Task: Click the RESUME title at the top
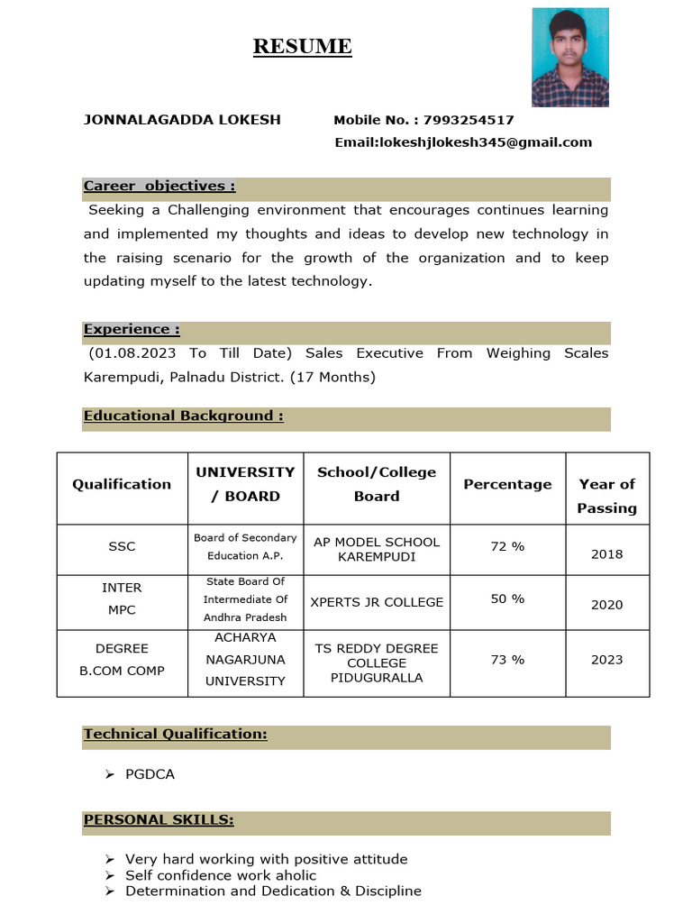302,47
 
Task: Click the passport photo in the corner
569,58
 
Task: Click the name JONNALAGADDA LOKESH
182,120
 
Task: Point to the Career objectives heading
159,187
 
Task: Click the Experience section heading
132,330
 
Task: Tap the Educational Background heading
184,416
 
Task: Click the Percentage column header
507,484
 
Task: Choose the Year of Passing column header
606,496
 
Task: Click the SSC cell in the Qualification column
122,547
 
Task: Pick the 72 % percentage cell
507,547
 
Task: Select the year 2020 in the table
606,605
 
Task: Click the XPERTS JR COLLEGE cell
377,601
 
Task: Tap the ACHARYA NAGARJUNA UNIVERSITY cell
245,660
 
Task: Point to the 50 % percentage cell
507,599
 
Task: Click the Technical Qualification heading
175,735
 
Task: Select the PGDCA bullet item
150,774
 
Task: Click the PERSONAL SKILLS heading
159,820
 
